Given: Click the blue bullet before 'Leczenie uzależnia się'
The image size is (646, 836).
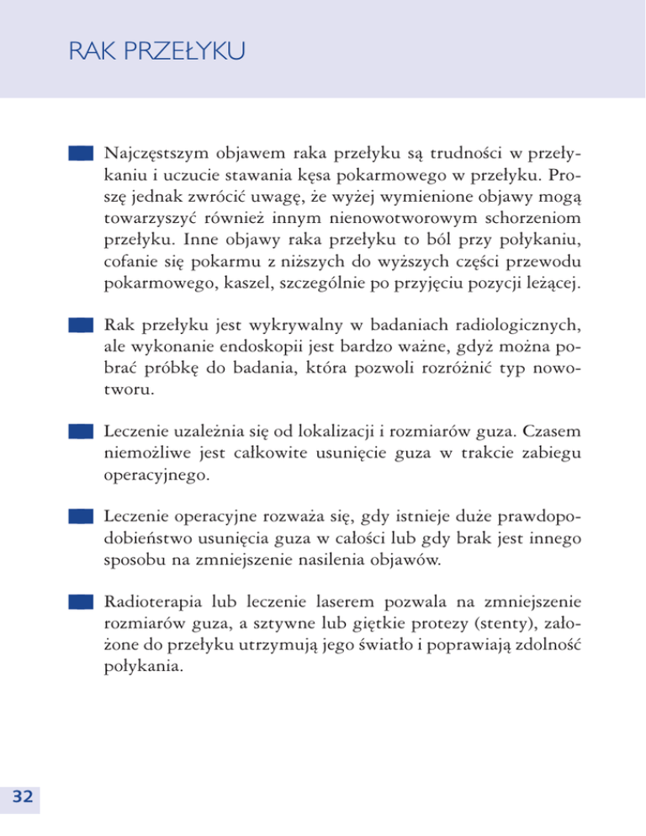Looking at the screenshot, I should click(x=80, y=430).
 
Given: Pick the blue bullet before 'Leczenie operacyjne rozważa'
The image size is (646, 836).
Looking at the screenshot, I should click(x=80, y=515).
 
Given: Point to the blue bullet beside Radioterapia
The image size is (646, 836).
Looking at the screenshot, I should click(x=80, y=601).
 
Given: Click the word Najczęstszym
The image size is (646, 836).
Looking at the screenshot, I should click(x=157, y=155).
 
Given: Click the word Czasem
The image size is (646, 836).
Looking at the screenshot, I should click(x=551, y=431).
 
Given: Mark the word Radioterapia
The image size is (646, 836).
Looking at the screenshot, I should click(x=154, y=601).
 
